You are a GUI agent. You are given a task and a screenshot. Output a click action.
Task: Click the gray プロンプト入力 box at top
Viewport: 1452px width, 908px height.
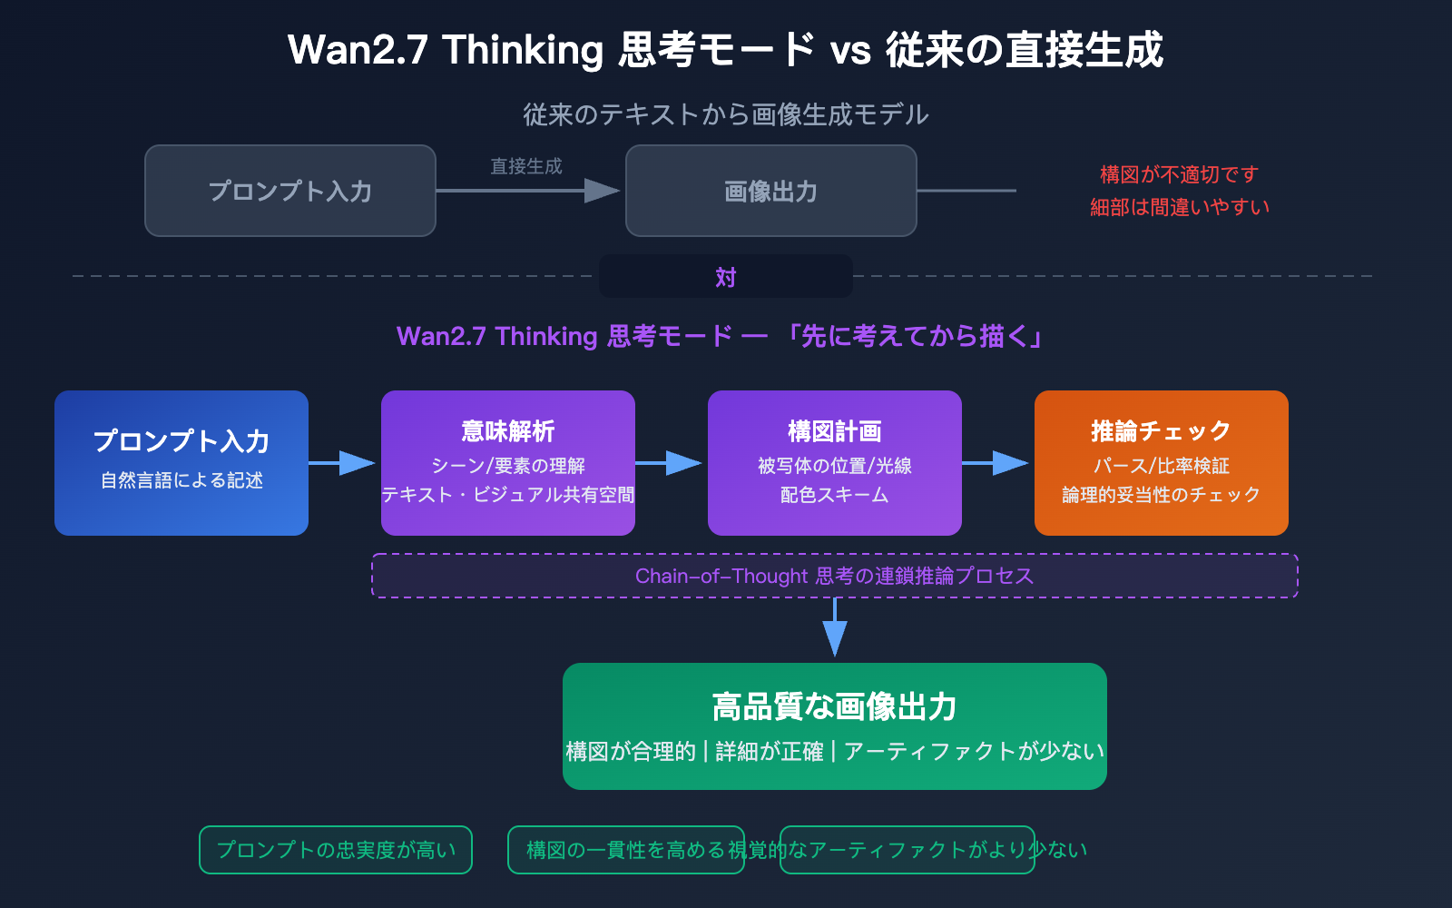pos(290,191)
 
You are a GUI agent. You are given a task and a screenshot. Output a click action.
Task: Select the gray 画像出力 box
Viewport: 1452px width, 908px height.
pos(770,191)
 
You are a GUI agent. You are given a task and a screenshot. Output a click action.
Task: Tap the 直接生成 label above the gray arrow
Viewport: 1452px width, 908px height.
pos(526,166)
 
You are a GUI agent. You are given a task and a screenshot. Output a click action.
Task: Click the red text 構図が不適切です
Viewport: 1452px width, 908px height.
pos(1179,174)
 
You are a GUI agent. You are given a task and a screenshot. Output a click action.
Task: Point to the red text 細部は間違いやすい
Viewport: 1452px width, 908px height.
pos(1179,207)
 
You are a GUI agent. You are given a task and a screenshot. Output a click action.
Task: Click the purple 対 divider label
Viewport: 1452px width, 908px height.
pos(725,277)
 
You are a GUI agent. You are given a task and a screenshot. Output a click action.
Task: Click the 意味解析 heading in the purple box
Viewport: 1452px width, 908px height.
pos(507,430)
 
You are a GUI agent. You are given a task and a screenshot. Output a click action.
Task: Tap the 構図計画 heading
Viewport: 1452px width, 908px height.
pos(834,430)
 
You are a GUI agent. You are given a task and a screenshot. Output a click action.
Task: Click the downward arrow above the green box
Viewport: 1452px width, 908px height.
pos(834,636)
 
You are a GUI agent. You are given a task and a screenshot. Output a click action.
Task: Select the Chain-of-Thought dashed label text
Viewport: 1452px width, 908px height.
pos(834,576)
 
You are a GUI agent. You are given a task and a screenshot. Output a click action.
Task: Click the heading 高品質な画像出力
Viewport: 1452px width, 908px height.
pos(834,706)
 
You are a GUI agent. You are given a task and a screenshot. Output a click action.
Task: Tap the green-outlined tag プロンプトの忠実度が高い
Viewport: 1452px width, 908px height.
pos(336,850)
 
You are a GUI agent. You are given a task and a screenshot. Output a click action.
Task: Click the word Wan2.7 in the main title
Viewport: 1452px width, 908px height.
pos(358,50)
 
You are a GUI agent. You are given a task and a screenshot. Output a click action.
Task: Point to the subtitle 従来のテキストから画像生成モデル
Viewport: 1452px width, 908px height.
pos(725,114)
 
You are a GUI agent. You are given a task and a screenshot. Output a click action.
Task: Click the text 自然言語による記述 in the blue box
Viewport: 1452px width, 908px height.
pos(181,480)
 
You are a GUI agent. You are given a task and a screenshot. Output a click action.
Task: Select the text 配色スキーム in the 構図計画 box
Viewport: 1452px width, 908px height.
pos(834,495)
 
